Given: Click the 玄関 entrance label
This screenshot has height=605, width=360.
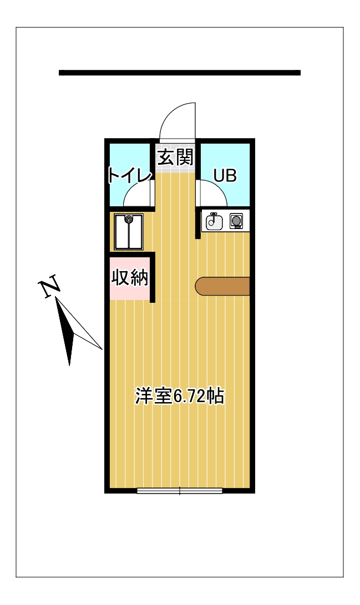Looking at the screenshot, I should (176, 157).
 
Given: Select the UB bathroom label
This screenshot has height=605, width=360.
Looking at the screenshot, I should (225, 176).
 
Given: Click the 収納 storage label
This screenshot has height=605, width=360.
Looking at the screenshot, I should (130, 277).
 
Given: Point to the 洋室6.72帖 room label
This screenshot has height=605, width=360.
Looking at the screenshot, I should (180, 396).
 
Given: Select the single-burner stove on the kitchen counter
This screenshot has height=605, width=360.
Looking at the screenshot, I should (236, 222).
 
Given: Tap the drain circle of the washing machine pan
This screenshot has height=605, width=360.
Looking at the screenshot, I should (129, 219).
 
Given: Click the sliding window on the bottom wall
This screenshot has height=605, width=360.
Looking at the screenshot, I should (180, 491).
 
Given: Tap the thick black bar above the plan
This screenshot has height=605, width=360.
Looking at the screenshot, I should (179, 73).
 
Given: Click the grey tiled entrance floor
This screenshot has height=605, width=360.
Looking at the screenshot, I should (175, 169).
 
